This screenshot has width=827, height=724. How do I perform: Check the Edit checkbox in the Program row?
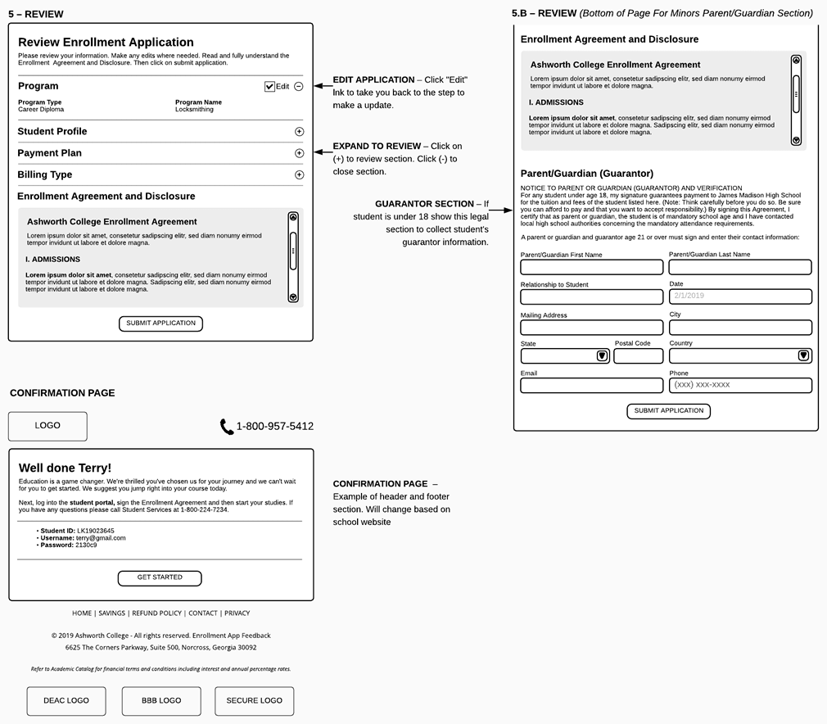(x=270, y=87)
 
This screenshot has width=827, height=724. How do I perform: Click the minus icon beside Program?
(x=299, y=87)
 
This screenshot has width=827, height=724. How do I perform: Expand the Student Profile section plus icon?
(x=299, y=132)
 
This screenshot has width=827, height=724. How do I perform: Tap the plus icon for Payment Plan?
(x=299, y=153)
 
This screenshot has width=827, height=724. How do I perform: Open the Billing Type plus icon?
(x=299, y=174)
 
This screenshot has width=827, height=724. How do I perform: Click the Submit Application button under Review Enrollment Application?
(x=160, y=324)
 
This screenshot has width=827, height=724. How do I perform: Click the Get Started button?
(x=160, y=577)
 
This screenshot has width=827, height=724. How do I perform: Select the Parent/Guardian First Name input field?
(x=591, y=267)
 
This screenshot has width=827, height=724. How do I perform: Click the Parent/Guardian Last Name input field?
(x=740, y=267)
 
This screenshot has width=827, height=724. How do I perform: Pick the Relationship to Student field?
(x=591, y=296)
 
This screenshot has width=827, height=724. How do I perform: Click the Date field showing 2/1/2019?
(x=740, y=296)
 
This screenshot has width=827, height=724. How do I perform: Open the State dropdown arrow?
(x=602, y=356)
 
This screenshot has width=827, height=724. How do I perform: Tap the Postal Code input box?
(x=638, y=356)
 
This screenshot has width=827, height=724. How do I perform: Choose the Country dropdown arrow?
(x=803, y=356)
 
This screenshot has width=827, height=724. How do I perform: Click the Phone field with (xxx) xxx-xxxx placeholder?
(x=740, y=385)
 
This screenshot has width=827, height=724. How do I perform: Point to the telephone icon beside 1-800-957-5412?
(x=227, y=427)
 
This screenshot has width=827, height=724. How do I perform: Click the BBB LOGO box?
(x=161, y=701)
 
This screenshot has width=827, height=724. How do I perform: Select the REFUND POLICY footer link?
(x=156, y=613)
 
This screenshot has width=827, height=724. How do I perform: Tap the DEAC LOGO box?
(x=66, y=701)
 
